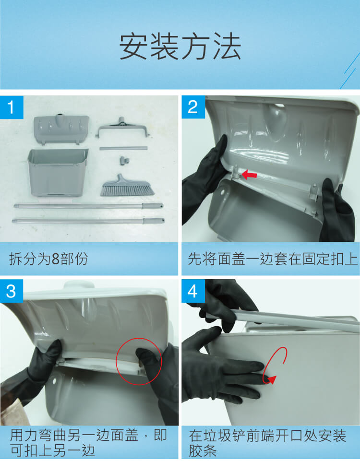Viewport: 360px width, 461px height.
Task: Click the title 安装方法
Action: [180, 47]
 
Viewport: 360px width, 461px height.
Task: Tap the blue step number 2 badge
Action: [193, 107]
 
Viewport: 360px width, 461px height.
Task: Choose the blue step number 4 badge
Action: [193, 291]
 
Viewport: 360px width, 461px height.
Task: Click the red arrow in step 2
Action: [249, 176]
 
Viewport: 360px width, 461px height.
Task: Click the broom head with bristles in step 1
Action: [127, 186]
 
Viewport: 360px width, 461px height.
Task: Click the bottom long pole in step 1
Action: [88, 221]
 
